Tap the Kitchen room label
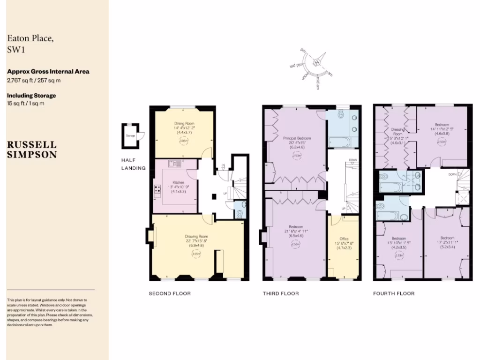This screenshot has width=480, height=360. coord(178,182)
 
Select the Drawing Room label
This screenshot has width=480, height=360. coord(196,236)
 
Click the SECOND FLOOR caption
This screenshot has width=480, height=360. coord(170,293)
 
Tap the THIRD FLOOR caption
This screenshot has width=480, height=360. coord(280,293)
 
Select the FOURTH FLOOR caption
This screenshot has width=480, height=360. coord(394,293)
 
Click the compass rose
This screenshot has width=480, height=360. coord(317,62)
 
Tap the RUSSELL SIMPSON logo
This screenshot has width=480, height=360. coord(32,150)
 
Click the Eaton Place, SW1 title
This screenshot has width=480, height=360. coord(30,45)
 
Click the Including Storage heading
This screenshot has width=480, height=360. coord(31,96)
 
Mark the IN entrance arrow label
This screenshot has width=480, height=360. coord(224,165)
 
